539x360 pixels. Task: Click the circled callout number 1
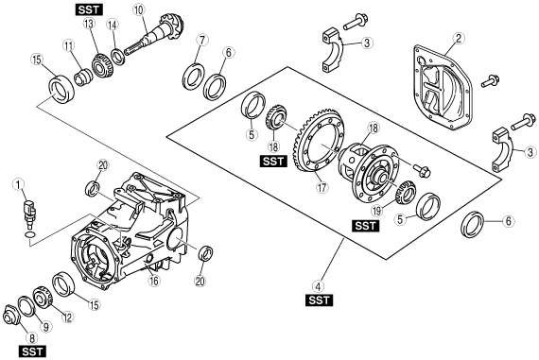pos(18,184)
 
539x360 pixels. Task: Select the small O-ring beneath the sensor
pos(30,234)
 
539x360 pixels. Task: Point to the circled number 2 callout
pos(459,39)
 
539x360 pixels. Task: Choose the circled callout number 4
pos(319,286)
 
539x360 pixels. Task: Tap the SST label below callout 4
pos(319,300)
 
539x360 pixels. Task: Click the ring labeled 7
pos(194,77)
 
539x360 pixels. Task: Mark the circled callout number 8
pos(32,338)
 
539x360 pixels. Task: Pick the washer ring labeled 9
pos(26,306)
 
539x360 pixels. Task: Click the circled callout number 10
pos(138,9)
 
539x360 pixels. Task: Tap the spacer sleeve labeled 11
pos(83,77)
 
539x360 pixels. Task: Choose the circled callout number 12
pos(67,317)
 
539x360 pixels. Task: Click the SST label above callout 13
pos(89,9)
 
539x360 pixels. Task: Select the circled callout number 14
pos(113,25)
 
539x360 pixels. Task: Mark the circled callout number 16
pos(154,281)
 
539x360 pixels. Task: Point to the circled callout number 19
pos(377,210)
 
